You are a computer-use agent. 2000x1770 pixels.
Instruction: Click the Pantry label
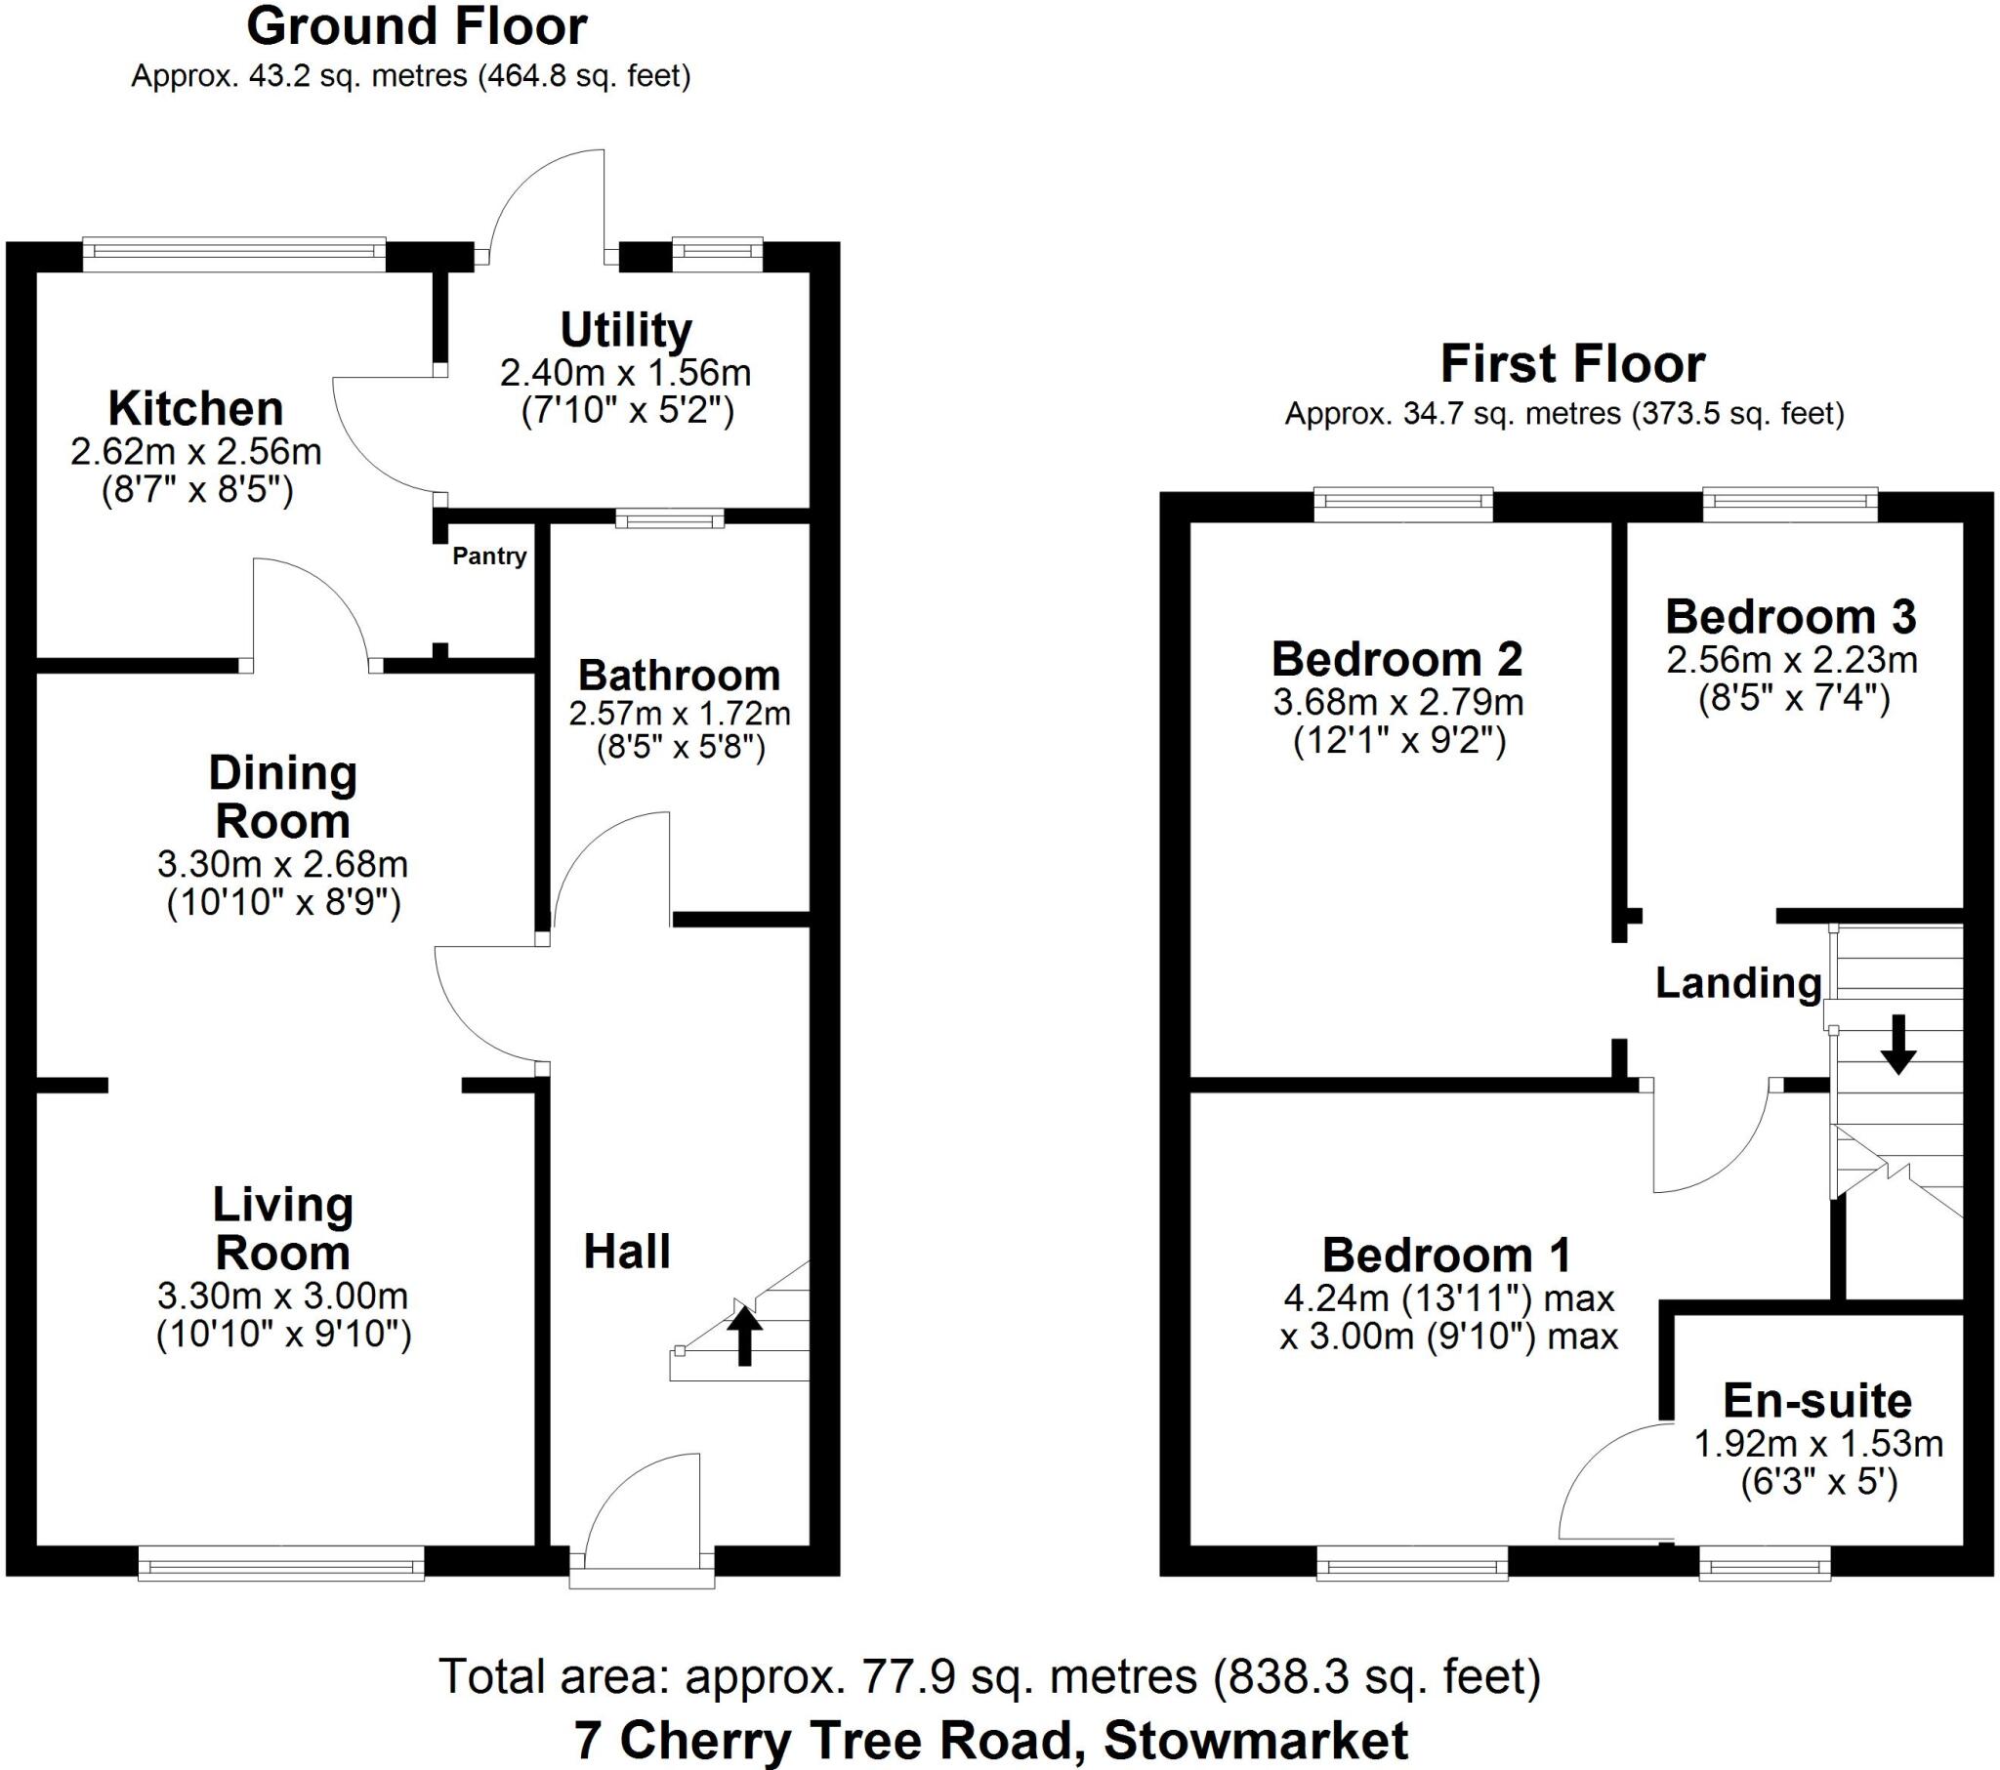489,556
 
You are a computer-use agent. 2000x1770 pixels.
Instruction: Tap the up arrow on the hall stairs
743,1337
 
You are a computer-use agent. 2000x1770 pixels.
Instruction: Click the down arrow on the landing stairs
1897,1044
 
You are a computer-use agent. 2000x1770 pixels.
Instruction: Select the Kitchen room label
195,408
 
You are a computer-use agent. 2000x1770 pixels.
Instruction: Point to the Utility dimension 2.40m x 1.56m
625,373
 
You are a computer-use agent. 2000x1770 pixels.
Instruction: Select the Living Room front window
282,1563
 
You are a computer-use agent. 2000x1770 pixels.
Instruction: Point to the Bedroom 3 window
1791,503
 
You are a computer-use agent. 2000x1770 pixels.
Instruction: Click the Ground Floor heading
417,27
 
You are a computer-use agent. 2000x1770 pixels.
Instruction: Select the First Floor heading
1572,364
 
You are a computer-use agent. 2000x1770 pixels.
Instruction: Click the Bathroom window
670,518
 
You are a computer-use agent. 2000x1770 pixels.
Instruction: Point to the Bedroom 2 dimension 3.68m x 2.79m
1398,703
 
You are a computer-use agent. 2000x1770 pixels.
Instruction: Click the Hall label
627,1253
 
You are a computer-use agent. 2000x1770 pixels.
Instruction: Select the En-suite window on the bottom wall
1765,1563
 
